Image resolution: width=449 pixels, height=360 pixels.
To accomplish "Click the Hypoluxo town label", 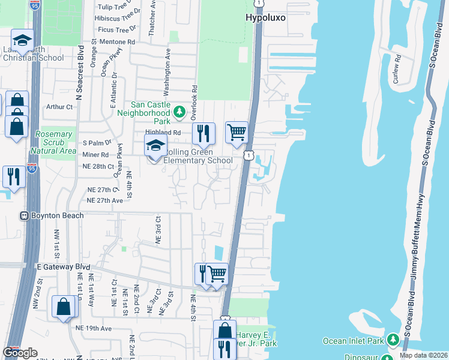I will click(x=265, y=18).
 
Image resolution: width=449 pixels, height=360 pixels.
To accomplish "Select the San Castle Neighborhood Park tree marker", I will click(x=179, y=112).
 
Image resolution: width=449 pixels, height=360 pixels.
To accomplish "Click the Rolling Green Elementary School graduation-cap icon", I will click(x=155, y=146).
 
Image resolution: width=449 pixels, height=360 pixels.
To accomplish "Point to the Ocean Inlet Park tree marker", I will click(x=393, y=340).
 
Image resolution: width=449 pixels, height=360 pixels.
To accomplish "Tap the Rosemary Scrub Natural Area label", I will click(x=55, y=142).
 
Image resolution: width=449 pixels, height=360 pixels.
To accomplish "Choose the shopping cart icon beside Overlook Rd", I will click(x=237, y=131).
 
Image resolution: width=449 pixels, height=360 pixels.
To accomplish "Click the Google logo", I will click(x=20, y=353).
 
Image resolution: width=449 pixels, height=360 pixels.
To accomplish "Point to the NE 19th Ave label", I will click(x=94, y=328).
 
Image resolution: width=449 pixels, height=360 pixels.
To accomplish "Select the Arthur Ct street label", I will click(x=59, y=107).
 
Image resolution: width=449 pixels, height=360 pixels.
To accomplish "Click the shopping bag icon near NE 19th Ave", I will click(x=64, y=307).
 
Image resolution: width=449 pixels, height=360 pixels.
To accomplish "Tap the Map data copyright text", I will click(x=423, y=355).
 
